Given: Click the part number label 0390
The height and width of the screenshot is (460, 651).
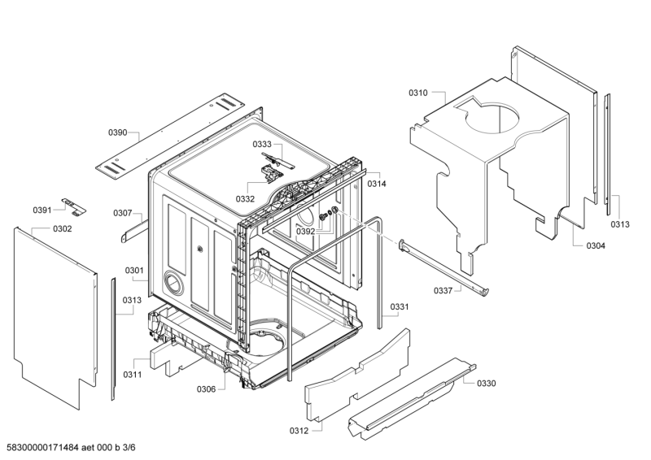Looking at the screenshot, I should (x=118, y=132).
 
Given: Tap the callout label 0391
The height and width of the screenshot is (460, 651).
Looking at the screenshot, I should (x=42, y=210).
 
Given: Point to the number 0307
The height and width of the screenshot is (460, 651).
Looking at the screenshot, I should (x=123, y=214).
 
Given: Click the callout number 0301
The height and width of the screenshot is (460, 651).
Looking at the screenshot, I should (x=134, y=271).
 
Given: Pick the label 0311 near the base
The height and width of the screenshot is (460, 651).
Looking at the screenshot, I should (x=133, y=375).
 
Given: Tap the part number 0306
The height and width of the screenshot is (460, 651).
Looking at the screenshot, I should (x=206, y=389).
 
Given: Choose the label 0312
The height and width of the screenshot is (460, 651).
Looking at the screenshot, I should (x=299, y=430).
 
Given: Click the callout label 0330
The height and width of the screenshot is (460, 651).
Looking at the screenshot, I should (x=486, y=383).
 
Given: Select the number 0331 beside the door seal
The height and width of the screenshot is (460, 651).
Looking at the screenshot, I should (x=400, y=306).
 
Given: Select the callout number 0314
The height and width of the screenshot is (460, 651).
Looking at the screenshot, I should (x=377, y=184).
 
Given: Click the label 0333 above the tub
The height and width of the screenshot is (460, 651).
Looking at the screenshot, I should (x=262, y=144).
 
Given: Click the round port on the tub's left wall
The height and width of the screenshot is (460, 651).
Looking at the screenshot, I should (x=172, y=282).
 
